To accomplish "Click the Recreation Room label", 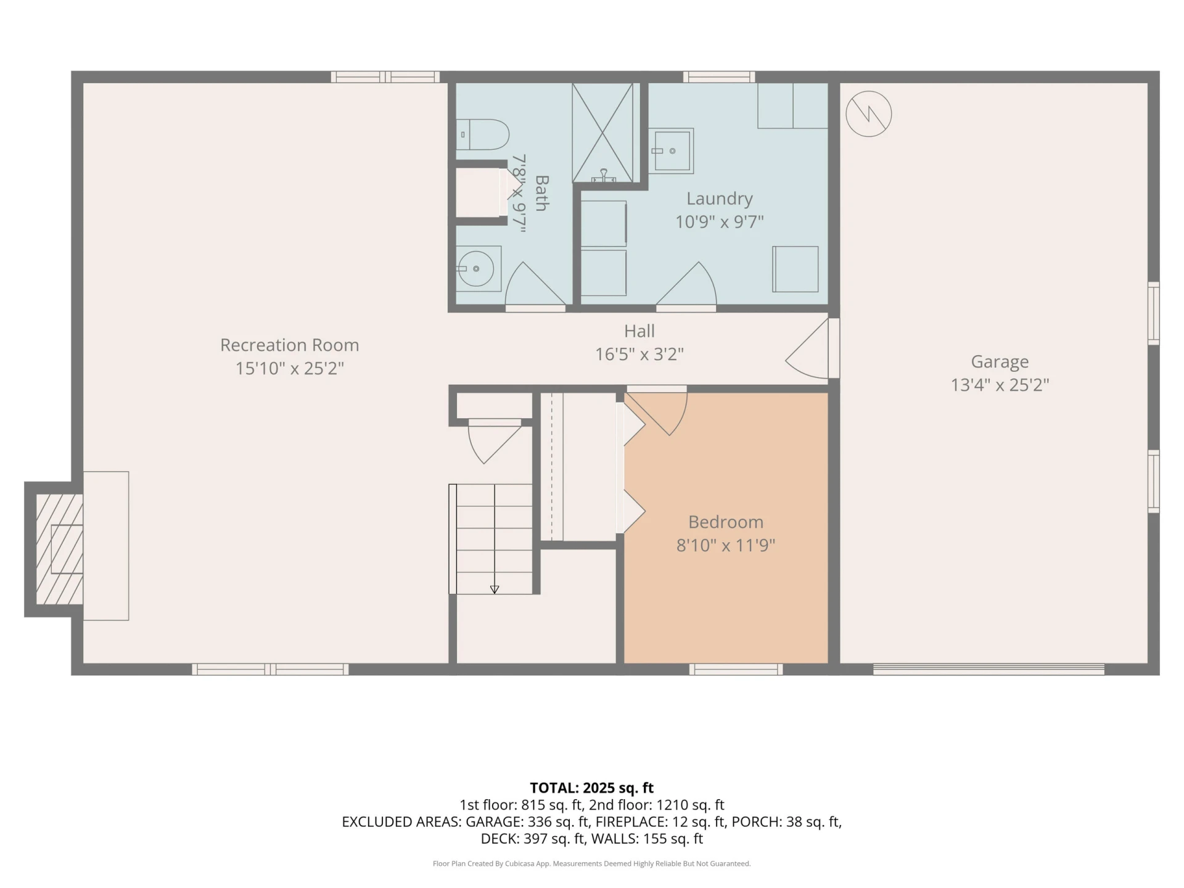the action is pyautogui.click(x=289, y=345).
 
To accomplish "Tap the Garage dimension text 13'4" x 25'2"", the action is pyautogui.click(x=1000, y=385).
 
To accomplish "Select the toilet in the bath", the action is pyautogui.click(x=483, y=134).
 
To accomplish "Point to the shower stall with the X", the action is pyautogui.click(x=602, y=133).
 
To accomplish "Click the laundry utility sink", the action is pyautogui.click(x=671, y=150).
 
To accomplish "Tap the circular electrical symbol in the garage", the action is pyautogui.click(x=868, y=114).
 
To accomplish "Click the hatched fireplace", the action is pyautogui.click(x=59, y=549).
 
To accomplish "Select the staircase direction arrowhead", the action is pyautogui.click(x=495, y=590).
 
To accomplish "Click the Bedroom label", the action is pyautogui.click(x=726, y=522).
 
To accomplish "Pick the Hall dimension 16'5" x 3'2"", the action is pyautogui.click(x=639, y=355).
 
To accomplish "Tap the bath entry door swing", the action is pyautogui.click(x=534, y=286).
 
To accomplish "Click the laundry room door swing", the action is pyautogui.click(x=686, y=286).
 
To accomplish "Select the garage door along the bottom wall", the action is pyautogui.click(x=989, y=669).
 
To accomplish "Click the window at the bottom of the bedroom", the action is pyautogui.click(x=736, y=669).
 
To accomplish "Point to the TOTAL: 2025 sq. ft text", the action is pyautogui.click(x=592, y=788).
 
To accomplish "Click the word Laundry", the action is pyautogui.click(x=720, y=199).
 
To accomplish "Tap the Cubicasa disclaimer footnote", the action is pyautogui.click(x=592, y=864).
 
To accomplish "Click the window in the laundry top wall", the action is pyautogui.click(x=719, y=77).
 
